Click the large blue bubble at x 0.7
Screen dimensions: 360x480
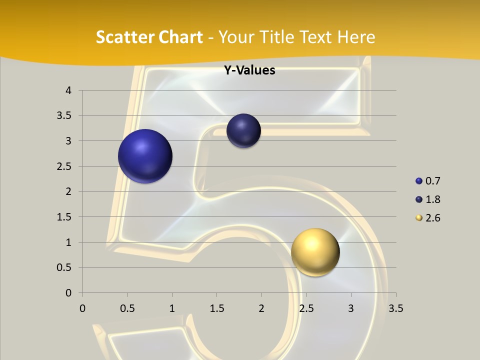click(145, 156)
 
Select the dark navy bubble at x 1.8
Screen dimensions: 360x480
click(243, 130)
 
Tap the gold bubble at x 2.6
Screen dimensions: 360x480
click(315, 251)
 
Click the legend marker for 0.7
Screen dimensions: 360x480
click(419, 181)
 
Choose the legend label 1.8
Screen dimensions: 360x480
click(433, 199)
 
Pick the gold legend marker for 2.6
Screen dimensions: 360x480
click(419, 218)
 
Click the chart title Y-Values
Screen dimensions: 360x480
click(249, 70)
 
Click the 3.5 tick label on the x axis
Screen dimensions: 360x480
click(395, 308)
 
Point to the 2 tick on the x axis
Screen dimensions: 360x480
click(261, 308)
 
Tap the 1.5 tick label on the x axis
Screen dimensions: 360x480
click(216, 308)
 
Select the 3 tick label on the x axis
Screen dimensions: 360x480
click(351, 308)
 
